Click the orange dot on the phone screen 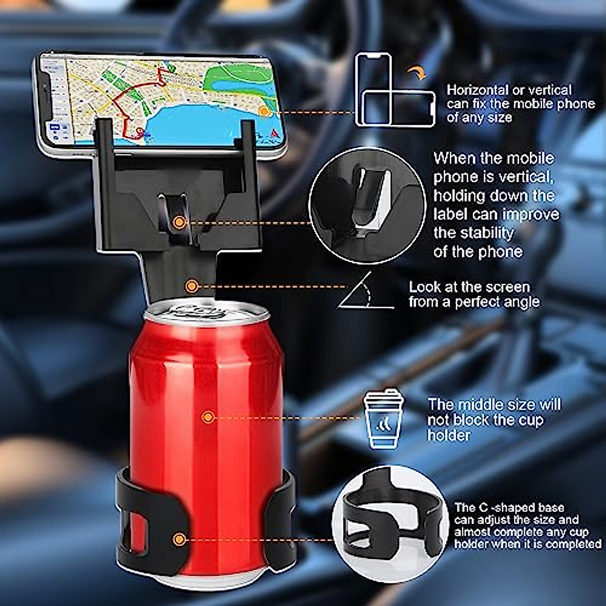tap(264, 111)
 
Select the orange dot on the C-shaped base tap(178, 539)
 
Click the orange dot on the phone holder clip tap(178, 221)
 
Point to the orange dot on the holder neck tap(191, 286)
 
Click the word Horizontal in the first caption tap(477, 91)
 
